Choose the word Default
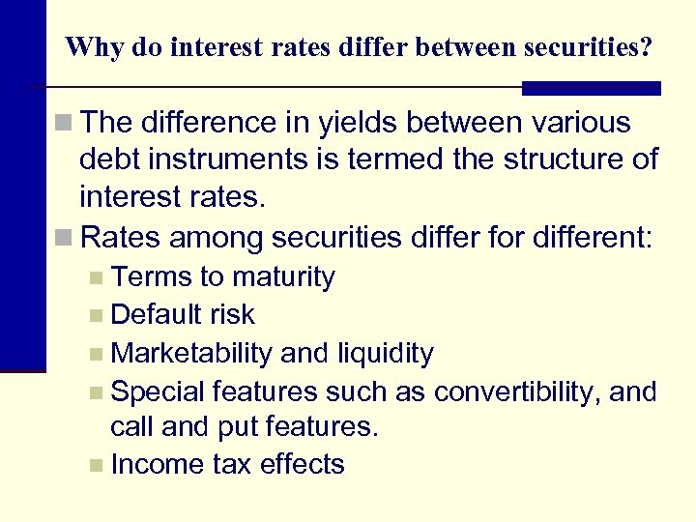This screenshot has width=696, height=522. coord(154,314)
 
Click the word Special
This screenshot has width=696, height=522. coord(158,391)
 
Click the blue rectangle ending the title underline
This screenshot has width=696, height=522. coord(592,88)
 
